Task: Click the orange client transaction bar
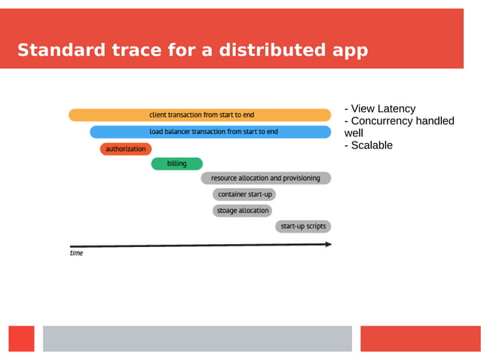click(200, 115)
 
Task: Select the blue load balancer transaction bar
click(210, 132)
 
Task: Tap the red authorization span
click(126, 149)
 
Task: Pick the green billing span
click(176, 163)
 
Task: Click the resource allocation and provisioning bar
click(265, 178)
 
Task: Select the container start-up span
click(244, 194)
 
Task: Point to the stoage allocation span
click(242, 211)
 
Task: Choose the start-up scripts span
click(303, 226)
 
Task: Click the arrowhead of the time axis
click(328, 244)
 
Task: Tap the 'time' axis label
click(76, 254)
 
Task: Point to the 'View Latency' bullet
click(380, 108)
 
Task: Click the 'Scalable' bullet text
click(369, 145)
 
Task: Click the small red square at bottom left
click(21, 338)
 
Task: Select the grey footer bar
click(197, 338)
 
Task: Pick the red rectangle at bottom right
click(420, 338)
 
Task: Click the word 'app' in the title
click(350, 50)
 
